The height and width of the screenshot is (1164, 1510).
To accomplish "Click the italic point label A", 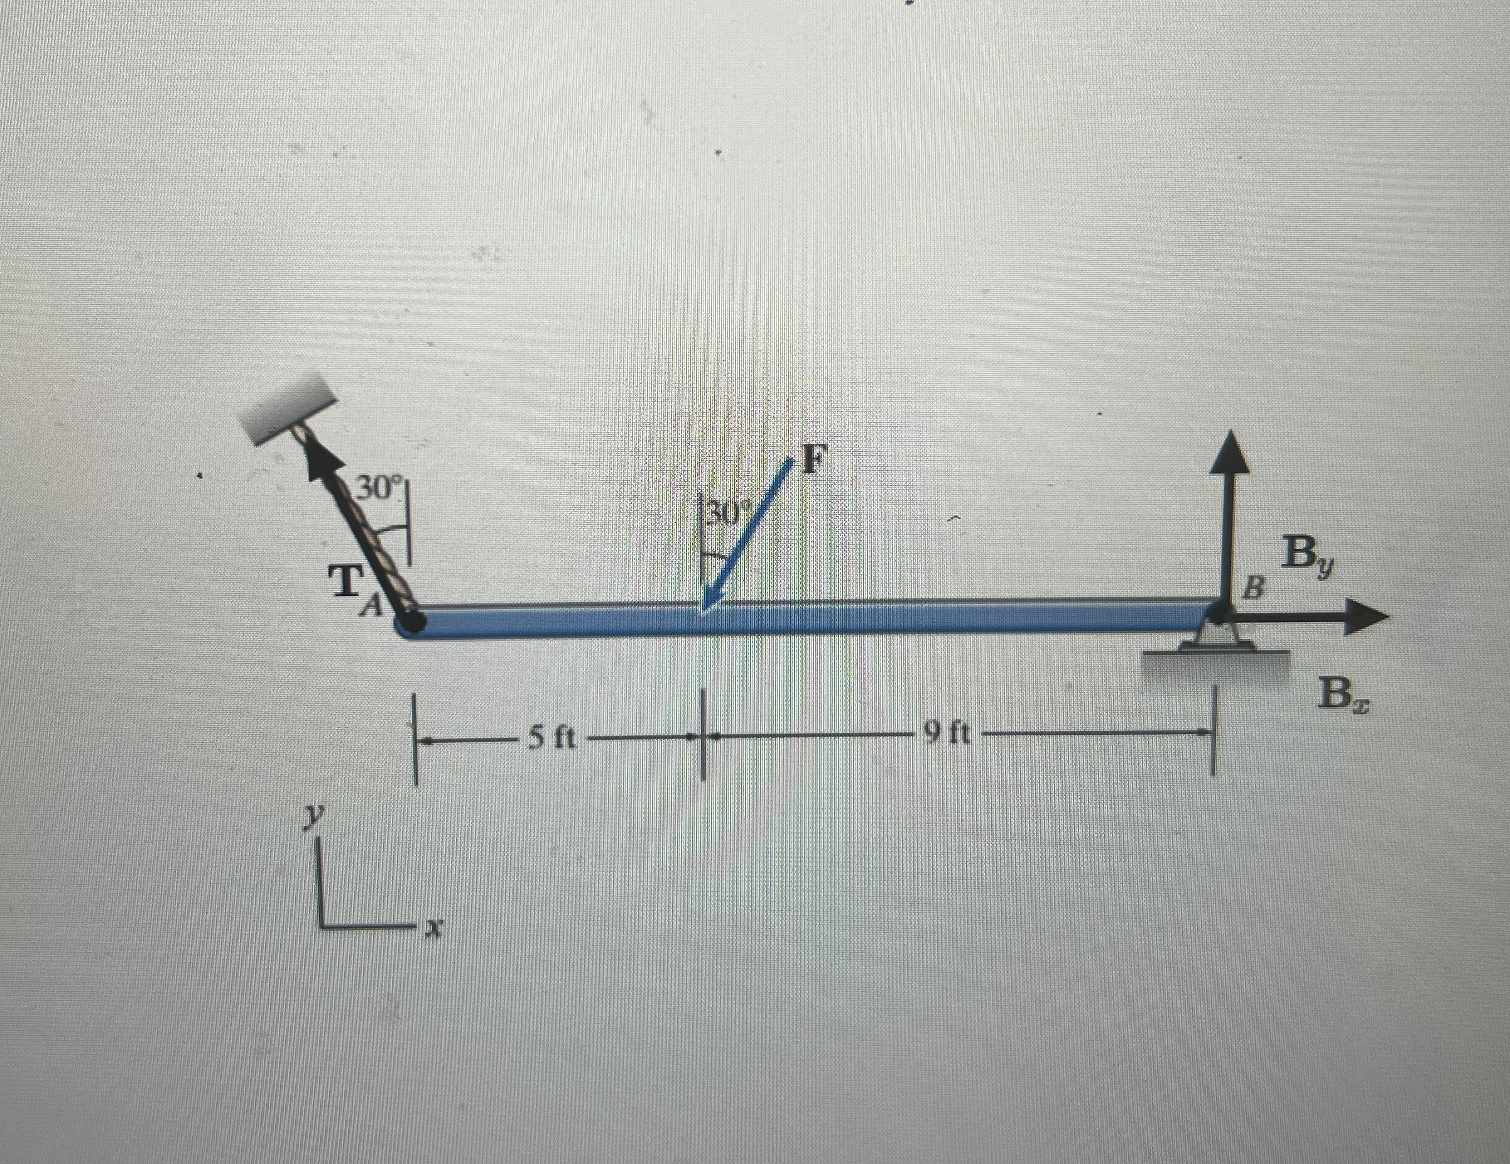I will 373,607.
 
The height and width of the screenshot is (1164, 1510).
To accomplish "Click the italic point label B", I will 1254,590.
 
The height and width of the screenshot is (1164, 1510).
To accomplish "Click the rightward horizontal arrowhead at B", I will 1366,618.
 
